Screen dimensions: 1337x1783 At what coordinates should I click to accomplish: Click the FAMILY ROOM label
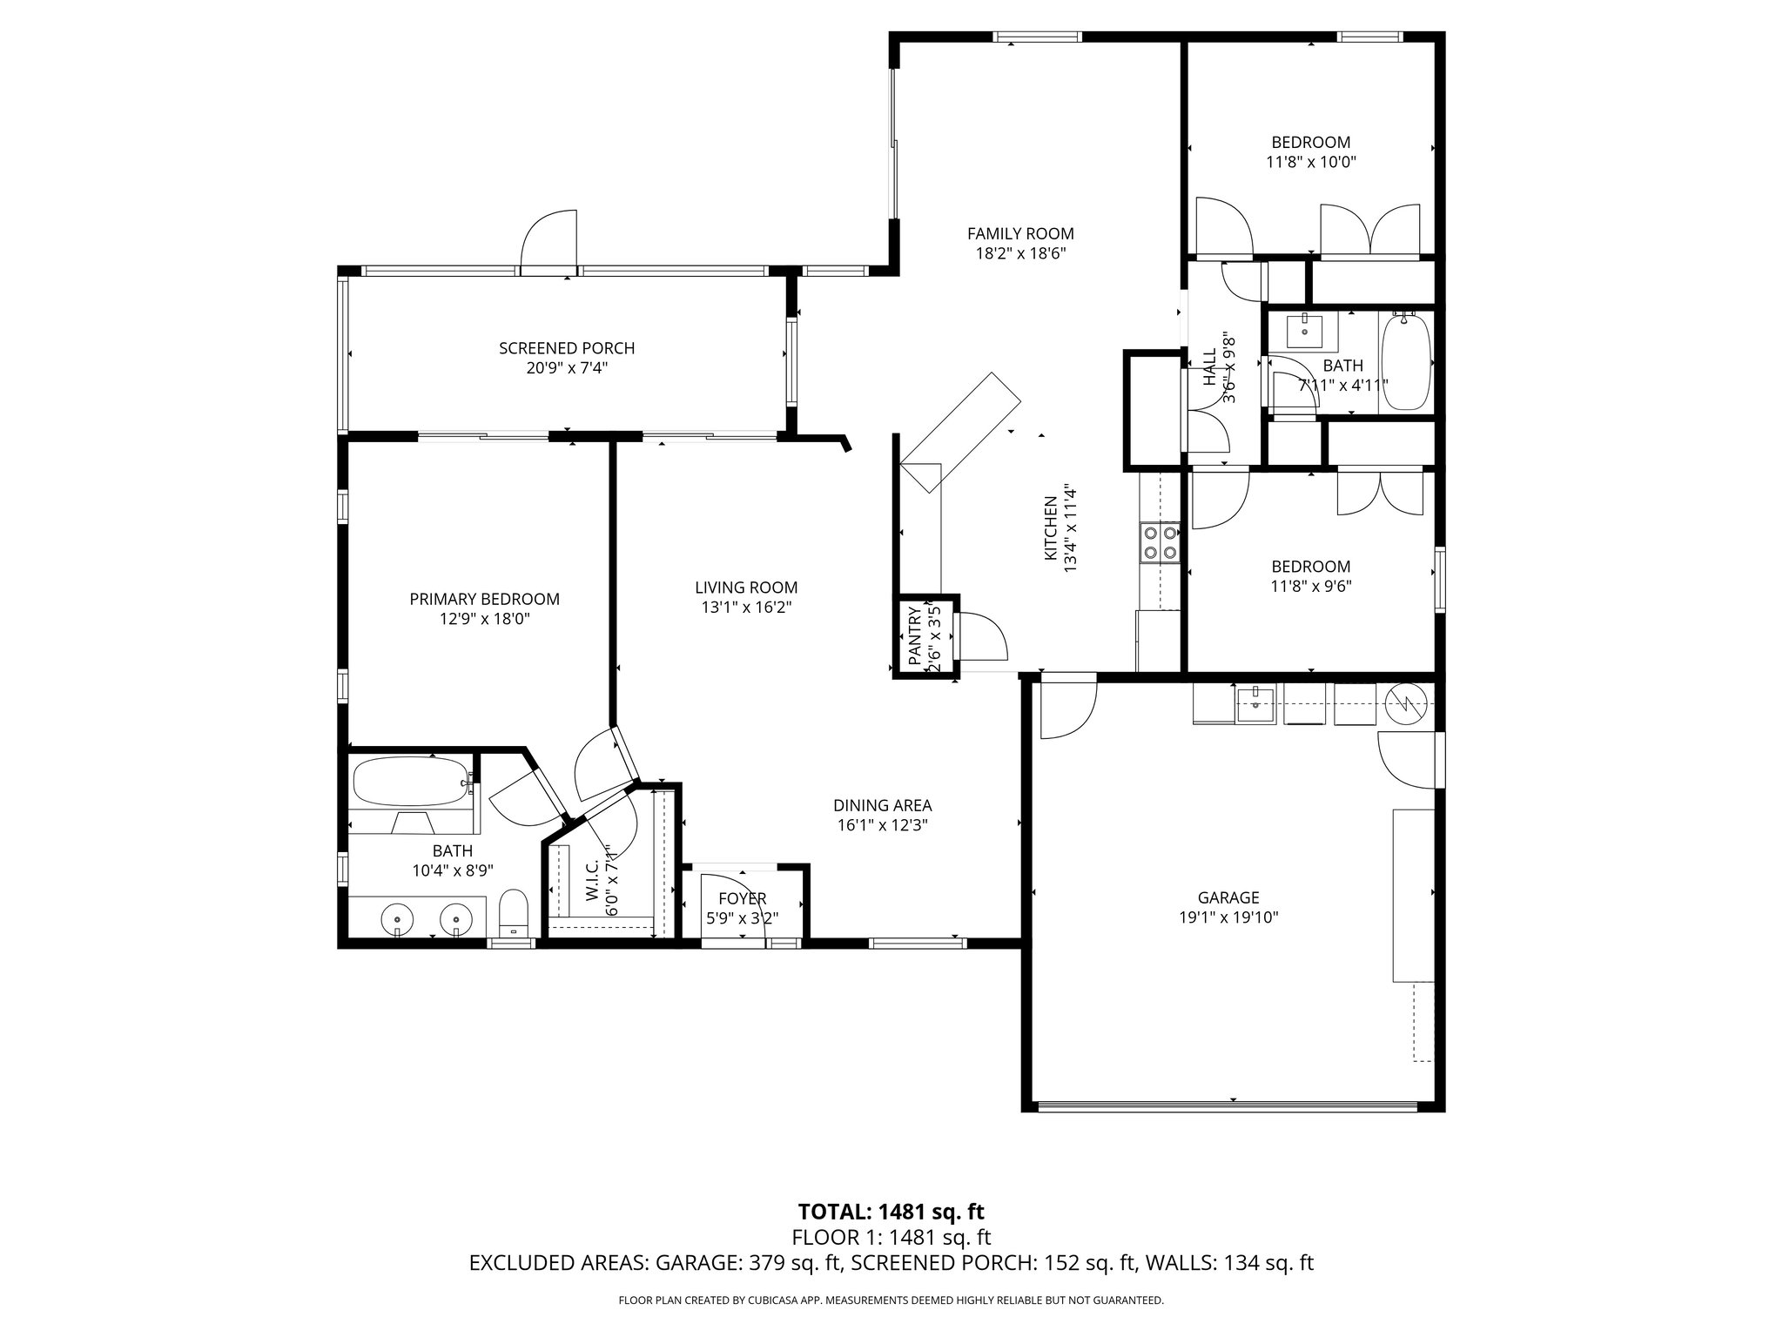1020,233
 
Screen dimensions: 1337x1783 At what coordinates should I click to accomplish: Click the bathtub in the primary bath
411,781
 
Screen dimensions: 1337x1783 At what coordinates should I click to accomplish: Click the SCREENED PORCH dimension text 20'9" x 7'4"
566,368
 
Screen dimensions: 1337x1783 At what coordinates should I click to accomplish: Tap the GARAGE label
1228,897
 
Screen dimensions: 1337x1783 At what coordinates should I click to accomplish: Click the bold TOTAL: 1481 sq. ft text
891,1211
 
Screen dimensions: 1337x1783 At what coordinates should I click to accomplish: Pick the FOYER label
742,898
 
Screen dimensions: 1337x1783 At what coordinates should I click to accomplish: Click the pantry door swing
981,636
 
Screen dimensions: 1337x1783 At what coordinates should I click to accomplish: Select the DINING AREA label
882,805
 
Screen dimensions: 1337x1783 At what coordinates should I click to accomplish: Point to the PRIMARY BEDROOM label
484,599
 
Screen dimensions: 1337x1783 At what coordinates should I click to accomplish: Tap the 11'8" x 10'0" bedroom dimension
1311,162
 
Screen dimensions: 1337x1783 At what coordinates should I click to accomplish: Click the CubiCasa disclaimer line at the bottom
891,1300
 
